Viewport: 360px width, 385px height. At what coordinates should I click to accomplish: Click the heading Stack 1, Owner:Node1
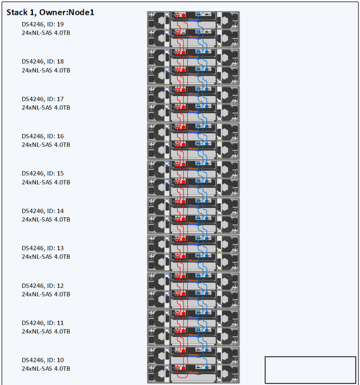tap(50, 12)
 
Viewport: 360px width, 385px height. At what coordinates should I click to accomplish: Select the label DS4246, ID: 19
tap(43, 24)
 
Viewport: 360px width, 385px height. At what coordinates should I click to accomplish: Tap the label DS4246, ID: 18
tap(43, 61)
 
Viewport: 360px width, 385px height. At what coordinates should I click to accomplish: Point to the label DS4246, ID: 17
tap(43, 99)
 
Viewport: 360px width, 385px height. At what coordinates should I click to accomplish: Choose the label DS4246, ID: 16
tap(43, 136)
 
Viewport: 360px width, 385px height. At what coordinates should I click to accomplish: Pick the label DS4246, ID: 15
tap(43, 173)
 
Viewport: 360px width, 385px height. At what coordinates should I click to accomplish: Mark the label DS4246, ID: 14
tap(43, 211)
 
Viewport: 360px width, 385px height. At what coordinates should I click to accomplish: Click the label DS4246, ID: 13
tap(43, 248)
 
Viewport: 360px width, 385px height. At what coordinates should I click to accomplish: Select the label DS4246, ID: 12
tap(43, 286)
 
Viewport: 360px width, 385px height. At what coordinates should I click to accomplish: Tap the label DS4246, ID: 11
tap(43, 323)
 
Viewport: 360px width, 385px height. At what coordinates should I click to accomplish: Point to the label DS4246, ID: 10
tap(43, 360)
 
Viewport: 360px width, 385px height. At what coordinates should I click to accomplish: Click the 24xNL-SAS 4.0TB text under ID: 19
tap(46, 33)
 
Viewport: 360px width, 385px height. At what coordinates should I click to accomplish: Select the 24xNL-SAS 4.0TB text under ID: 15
tap(46, 182)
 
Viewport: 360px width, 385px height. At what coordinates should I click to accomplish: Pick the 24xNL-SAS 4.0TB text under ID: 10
tap(46, 369)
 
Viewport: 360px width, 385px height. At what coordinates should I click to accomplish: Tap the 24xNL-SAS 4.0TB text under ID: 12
tap(46, 294)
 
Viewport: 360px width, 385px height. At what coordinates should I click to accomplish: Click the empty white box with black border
tap(310, 370)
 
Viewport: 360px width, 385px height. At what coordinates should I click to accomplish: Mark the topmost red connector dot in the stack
tap(184, 15)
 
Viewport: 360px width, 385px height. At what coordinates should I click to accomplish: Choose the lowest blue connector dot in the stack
tap(207, 367)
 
